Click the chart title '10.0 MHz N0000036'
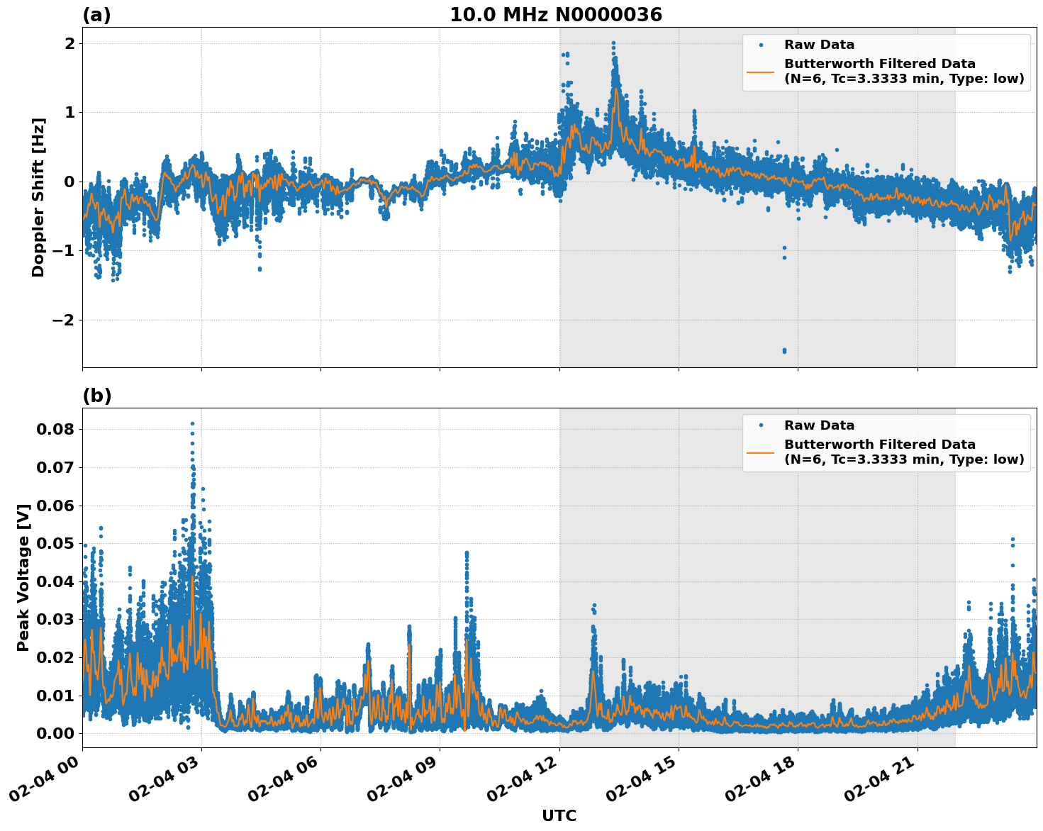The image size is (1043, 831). (x=555, y=15)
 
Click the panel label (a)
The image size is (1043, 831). (x=96, y=15)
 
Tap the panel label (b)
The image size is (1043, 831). (x=96, y=396)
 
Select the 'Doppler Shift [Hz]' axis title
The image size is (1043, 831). (x=38, y=197)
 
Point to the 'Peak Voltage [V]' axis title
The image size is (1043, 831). (x=23, y=577)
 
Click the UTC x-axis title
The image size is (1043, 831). (x=559, y=815)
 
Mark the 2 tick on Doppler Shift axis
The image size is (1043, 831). (x=69, y=43)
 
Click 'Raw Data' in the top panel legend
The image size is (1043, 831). (x=819, y=45)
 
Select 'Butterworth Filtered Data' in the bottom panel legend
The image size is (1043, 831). (x=879, y=445)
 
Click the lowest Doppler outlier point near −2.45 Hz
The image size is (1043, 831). (x=784, y=350)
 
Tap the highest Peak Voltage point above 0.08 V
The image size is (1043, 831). (x=192, y=424)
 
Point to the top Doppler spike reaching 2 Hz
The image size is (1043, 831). (x=613, y=43)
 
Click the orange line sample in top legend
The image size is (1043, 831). (x=761, y=71)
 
